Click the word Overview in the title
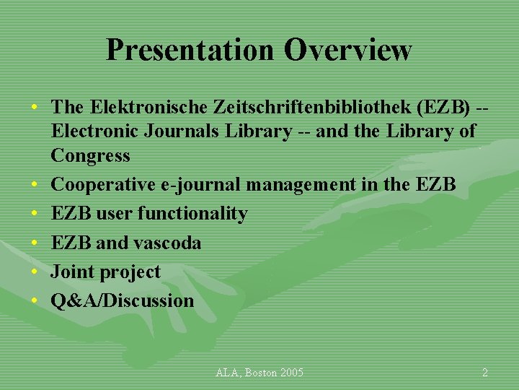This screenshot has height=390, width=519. (x=347, y=50)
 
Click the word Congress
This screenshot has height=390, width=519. (x=90, y=155)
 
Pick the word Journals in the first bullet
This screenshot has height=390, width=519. (x=179, y=131)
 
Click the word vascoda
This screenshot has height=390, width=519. (x=167, y=243)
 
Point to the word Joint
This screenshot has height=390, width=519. (x=71, y=272)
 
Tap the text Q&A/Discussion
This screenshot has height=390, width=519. (x=122, y=300)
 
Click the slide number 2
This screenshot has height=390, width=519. (x=484, y=373)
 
